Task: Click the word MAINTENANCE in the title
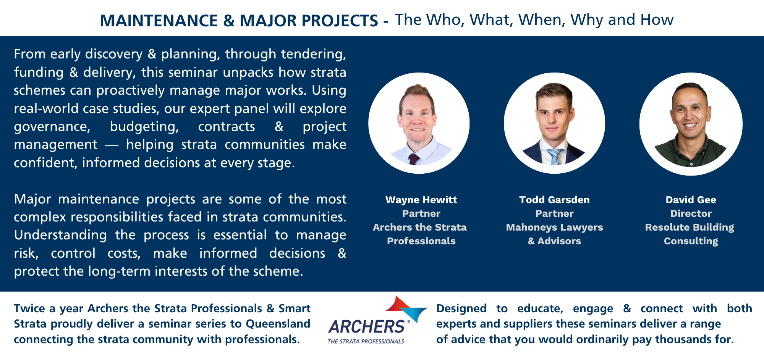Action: (159, 21)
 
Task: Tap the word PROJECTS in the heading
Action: (340, 21)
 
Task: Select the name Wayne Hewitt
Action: (421, 200)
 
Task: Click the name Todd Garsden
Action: (554, 200)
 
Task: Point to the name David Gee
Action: (691, 200)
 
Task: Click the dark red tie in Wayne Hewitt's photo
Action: (414, 159)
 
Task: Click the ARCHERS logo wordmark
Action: (366, 327)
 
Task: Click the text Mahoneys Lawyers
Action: (554, 227)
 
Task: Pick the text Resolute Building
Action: (690, 227)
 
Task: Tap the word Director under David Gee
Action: (691, 213)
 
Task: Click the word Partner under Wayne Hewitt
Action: (421, 213)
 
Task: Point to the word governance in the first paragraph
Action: (52, 127)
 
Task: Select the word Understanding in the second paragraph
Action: (60, 235)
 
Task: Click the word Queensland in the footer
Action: (278, 324)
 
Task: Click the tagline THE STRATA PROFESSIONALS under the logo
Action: (366, 341)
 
